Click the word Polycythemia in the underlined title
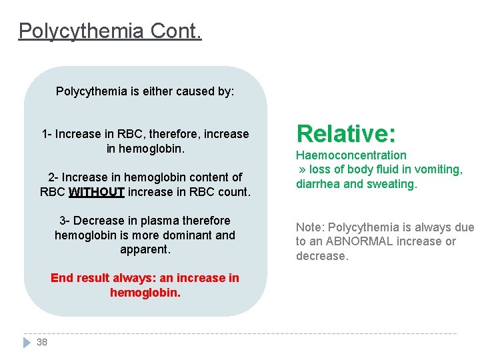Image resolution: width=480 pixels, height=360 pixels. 82,31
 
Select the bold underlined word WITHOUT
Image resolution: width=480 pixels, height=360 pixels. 96,192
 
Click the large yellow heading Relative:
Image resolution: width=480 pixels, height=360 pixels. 346,133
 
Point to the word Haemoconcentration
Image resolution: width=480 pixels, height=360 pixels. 351,155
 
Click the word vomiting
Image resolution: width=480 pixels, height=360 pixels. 439,169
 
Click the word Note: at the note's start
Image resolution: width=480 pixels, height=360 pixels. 310,227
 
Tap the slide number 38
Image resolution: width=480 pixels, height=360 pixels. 42,342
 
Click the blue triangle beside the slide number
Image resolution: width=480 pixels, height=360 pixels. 27,342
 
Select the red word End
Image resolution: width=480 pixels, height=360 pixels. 61,278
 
